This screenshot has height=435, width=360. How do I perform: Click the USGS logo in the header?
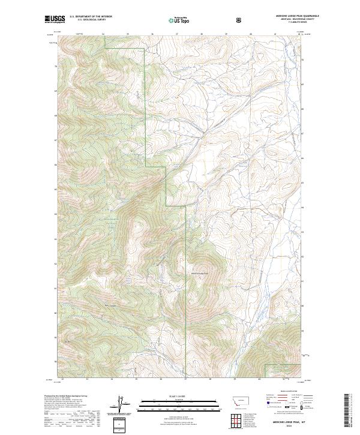(x=55, y=19)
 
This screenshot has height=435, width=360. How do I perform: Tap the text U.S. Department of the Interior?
(x=91, y=17)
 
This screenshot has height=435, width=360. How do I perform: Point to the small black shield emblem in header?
(x=241, y=19)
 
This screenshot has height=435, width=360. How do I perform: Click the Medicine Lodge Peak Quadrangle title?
(x=284, y=16)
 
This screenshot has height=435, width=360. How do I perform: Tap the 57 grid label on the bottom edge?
(x=185, y=379)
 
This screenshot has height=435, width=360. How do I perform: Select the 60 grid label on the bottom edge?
(x=259, y=379)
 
